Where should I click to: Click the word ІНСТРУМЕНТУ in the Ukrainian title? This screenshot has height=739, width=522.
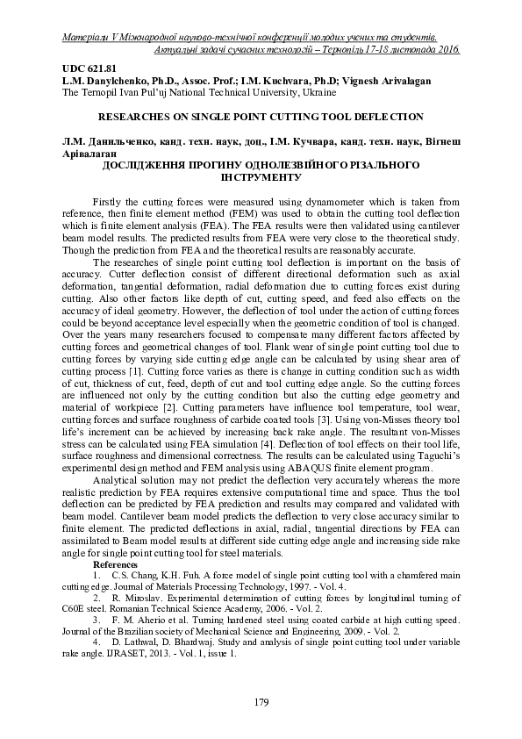tap(261, 176)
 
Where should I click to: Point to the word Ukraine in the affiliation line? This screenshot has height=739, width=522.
tap(284, 91)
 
